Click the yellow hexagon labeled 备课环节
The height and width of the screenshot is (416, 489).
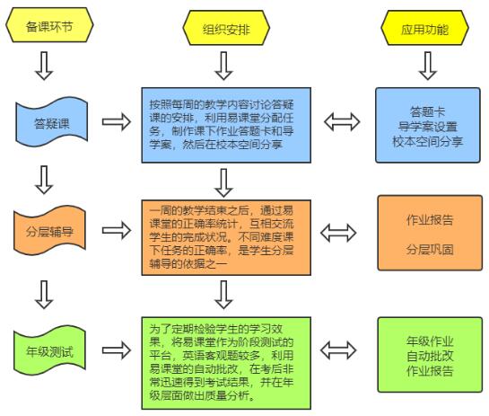pos(49,25)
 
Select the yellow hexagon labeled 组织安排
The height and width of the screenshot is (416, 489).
pos(226,28)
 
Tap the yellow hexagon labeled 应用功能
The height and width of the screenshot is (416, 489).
pos(424,28)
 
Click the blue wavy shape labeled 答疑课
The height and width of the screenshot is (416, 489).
pos(52,122)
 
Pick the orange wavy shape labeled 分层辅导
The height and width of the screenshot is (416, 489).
pos(49,231)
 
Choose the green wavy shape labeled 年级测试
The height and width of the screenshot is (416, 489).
pos(49,350)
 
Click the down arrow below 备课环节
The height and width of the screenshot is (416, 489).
pos(44,66)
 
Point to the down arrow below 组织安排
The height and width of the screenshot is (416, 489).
pos(223,66)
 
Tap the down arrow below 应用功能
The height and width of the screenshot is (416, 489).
pos(428,66)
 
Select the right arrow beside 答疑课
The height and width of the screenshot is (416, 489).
pos(117,122)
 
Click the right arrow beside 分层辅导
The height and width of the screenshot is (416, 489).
pos(117,231)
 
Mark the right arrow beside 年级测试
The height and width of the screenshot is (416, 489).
pos(117,350)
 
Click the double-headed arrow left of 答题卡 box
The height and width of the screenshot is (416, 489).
pos(342,122)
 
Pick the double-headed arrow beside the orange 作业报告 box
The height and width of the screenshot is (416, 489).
pos(338,233)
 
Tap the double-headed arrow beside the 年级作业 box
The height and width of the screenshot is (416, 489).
pos(338,350)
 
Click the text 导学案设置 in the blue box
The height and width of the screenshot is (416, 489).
pos(428,127)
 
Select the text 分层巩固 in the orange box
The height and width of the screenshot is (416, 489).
pos(430,249)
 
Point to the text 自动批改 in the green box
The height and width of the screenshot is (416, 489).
pos(430,356)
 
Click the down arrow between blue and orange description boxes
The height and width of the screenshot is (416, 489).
pos(223,182)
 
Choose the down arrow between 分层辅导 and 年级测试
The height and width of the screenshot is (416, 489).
pos(44,295)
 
